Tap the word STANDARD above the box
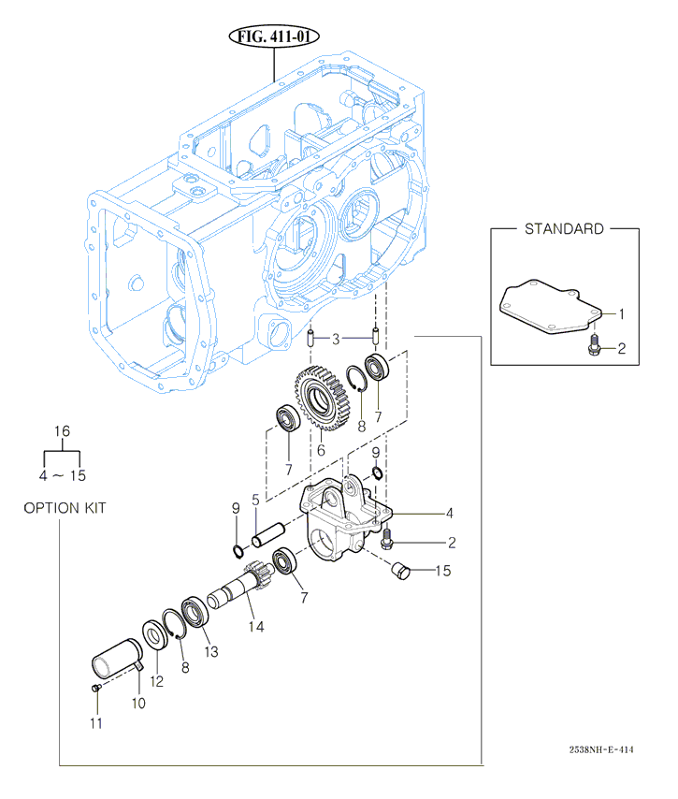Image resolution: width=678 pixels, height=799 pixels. [563, 229]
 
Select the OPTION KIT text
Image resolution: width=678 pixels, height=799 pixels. [65, 508]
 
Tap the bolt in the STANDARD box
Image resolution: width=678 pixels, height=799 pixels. [594, 348]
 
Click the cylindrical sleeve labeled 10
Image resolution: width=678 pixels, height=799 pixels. [116, 656]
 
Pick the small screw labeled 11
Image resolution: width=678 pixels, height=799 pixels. [96, 688]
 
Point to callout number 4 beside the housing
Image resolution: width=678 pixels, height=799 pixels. [449, 513]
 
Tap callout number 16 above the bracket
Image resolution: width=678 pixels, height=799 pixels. [63, 431]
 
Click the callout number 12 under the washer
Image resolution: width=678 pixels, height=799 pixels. [157, 681]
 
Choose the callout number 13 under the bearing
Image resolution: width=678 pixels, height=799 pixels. [209, 651]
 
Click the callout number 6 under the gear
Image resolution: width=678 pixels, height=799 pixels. [320, 449]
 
